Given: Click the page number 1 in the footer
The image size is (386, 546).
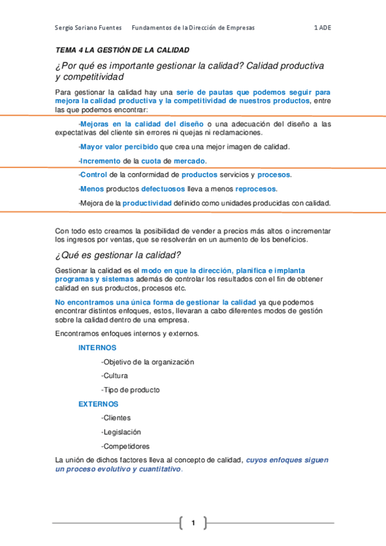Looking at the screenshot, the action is pyautogui.click(x=192, y=522).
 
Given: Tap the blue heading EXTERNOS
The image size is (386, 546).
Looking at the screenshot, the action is pyautogui.click(x=99, y=404).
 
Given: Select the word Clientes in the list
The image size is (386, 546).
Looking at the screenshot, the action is pyautogui.click(x=117, y=419).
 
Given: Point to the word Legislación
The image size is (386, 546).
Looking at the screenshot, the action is pyautogui.click(x=122, y=433).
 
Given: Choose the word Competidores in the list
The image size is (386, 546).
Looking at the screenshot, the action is pyautogui.click(x=126, y=447).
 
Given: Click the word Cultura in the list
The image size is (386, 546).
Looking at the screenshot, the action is pyautogui.click(x=115, y=376).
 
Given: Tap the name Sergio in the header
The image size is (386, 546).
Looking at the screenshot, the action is pyautogui.click(x=66, y=28).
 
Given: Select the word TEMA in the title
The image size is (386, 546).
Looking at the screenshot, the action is pyautogui.click(x=65, y=50).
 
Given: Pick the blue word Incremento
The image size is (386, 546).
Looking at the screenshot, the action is pyautogui.click(x=100, y=161).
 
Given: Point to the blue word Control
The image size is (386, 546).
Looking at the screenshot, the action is pyautogui.click(x=93, y=175).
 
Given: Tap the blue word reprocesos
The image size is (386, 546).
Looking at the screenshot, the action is pyautogui.click(x=256, y=189).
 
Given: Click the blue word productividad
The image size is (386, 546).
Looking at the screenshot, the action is pyautogui.click(x=148, y=203).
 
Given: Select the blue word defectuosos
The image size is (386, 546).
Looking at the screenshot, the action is pyautogui.click(x=164, y=189).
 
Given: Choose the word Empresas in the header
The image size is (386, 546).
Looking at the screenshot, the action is pyautogui.click(x=237, y=28).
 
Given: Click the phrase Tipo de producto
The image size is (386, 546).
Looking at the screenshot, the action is pyautogui.click(x=131, y=390).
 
